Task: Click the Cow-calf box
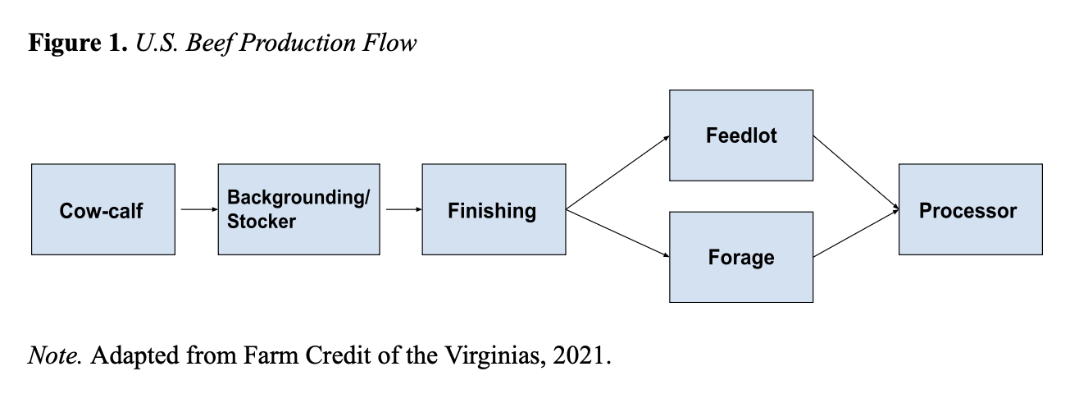[102, 209]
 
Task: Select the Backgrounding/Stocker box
[298, 209]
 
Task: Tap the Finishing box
[493, 209]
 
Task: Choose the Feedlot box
[741, 135]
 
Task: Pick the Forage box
[741, 257]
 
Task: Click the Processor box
[970, 209]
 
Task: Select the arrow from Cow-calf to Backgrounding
[196, 209]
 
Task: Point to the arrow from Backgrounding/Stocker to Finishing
[401, 209]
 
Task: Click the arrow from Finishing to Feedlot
[617, 172]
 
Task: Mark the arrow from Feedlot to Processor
[856, 172]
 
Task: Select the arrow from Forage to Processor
[856, 234]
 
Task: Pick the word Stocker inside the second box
[262, 222]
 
